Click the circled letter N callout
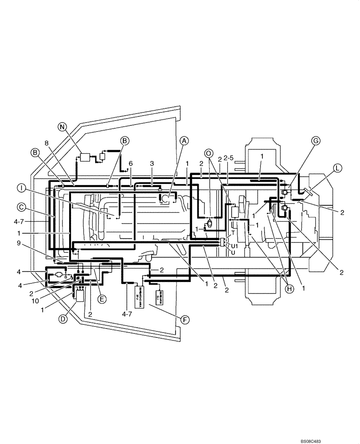coord(63,126)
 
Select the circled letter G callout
coord(315,141)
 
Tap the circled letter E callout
coord(102,299)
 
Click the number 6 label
coord(131,163)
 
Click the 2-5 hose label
coord(229,158)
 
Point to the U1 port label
coord(235,246)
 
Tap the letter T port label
coord(233,232)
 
